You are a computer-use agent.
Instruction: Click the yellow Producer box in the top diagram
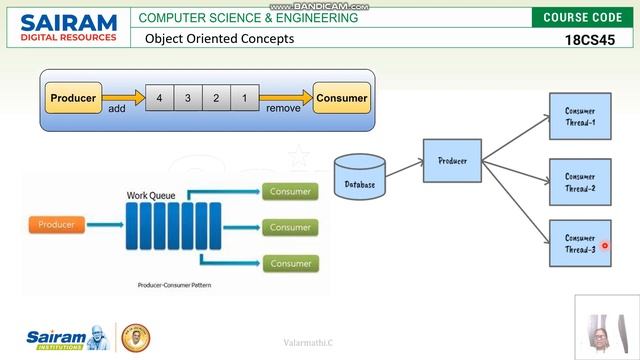coord(73,98)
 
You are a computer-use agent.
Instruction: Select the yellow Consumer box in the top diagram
coord(341,98)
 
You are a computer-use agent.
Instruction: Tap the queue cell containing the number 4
coord(160,98)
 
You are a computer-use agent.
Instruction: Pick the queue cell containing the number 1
coord(243,98)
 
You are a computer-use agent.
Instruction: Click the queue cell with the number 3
coord(188,98)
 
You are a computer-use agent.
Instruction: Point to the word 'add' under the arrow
coord(117,108)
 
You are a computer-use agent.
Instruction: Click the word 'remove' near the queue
coord(283,108)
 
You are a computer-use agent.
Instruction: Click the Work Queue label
coord(151,195)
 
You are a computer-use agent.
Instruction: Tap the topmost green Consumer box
coord(290,191)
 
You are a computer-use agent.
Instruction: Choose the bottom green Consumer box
coord(290,263)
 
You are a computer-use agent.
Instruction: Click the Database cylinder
coord(360,176)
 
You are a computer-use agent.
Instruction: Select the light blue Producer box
coord(452,160)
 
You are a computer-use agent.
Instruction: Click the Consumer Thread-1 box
coord(580,116)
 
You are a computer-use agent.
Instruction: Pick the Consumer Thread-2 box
coord(580,182)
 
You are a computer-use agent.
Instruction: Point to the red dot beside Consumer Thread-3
coord(605,245)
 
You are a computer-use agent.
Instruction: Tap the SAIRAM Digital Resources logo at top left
coord(68,27)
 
